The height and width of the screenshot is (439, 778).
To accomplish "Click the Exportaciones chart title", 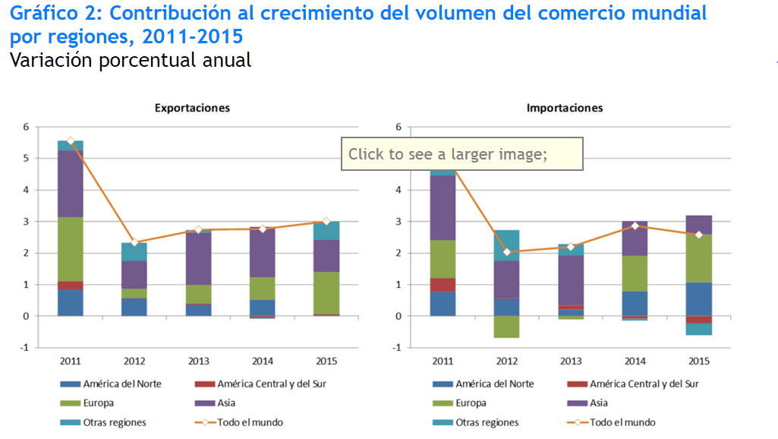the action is click(192, 108).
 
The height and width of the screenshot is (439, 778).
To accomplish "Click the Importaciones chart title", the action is click(565, 108).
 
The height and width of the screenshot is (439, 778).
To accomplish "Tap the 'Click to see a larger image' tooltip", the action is click(462, 154).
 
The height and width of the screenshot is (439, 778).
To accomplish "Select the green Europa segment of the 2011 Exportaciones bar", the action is click(71, 249).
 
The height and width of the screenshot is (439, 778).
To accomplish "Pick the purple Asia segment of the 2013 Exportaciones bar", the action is click(198, 259).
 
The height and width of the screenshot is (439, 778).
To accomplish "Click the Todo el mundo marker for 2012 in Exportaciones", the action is click(134, 242).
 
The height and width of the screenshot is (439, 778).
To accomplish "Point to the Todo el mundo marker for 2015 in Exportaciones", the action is click(326, 221).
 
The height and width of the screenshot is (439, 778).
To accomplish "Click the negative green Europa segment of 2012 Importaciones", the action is click(506, 327).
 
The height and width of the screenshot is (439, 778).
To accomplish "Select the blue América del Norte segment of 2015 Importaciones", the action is click(699, 299).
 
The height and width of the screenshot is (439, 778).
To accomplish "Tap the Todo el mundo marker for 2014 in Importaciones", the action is click(635, 226).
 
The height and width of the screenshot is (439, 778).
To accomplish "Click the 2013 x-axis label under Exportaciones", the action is click(198, 361).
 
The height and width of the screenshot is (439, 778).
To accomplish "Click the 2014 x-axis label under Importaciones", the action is click(635, 361).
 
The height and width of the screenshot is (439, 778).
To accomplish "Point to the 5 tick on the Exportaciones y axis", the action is click(27, 158).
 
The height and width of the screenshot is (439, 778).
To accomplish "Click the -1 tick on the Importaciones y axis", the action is click(396, 348).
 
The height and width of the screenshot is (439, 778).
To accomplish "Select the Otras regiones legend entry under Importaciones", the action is click(475, 422).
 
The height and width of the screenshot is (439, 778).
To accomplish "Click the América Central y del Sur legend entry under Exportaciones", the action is click(260, 384).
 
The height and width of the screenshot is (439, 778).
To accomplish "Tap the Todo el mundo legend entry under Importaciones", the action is click(611, 422).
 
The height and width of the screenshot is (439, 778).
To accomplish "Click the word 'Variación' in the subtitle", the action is click(52, 60).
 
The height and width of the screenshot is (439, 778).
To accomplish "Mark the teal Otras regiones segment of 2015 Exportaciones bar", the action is click(326, 230).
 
